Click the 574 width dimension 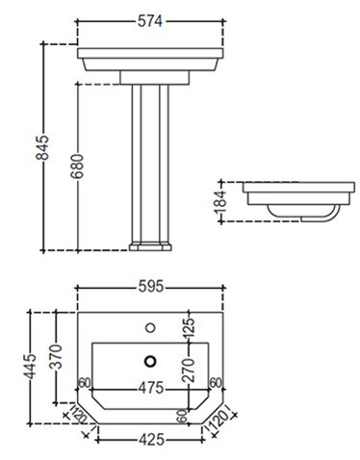[150, 21]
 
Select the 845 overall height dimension [42, 147]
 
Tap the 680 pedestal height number [77, 166]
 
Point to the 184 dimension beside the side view [220, 202]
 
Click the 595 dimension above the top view [151, 287]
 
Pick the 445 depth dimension [31, 367]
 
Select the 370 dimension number [56, 356]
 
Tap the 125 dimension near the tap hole [189, 328]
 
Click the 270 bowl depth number [189, 371]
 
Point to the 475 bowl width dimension [151, 388]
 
